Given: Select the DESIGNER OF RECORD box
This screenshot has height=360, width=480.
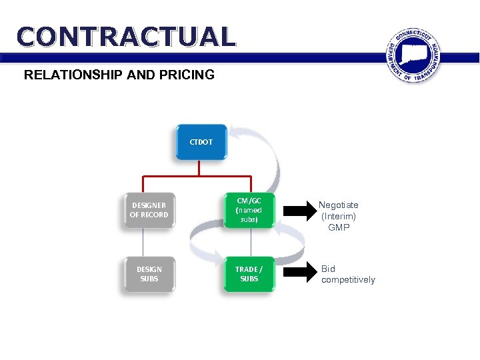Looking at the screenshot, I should pos(149,210).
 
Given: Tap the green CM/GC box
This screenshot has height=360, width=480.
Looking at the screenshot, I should pos(249,210).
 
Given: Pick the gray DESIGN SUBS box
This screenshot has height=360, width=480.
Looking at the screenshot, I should pos(149,274).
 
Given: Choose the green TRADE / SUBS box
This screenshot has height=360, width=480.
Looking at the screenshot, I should pos(249,274).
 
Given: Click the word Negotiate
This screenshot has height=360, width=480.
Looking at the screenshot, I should pos(338,205).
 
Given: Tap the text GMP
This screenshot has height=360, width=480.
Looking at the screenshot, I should pos(339,227).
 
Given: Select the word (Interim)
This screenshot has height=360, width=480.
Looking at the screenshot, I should pos(339,217).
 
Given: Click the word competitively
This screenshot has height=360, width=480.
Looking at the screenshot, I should pos(348,280).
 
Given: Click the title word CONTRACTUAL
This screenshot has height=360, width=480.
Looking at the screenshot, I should pos(127,37).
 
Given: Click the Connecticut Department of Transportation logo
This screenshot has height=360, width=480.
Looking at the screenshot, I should pos(414,56).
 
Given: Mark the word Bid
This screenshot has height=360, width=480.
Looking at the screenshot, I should pos(328,269).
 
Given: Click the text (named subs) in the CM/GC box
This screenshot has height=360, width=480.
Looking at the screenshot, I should pos(249,215).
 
